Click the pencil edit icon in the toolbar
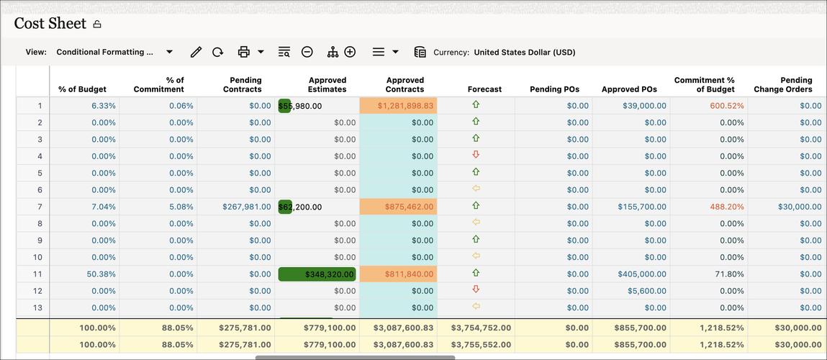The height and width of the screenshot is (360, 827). (196, 52)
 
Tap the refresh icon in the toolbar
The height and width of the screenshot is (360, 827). (217, 52)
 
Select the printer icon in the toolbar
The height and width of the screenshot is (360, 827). (243, 52)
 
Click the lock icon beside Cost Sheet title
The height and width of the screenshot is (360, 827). (97, 24)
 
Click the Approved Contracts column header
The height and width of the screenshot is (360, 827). (405, 85)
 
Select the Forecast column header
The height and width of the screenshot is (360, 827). (484, 89)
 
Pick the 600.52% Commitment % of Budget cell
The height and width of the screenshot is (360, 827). (726, 106)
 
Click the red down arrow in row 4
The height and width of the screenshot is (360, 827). (476, 156)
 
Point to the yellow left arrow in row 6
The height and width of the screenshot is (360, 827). (476, 189)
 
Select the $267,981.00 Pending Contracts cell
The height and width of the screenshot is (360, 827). (247, 207)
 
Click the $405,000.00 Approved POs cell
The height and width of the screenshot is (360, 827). (641, 274)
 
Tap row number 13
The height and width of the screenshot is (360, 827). (40, 308)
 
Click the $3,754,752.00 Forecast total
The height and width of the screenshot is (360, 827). (481, 328)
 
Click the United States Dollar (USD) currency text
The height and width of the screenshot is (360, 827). (524, 53)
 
